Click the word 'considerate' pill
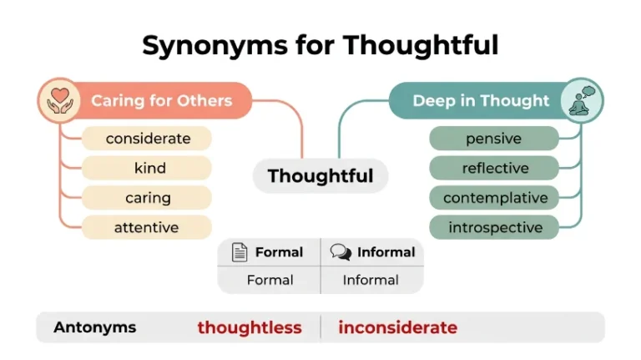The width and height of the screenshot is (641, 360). [147, 139]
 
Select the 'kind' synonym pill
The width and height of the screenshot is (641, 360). [147, 168]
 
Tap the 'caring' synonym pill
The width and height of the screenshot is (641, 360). [147, 198]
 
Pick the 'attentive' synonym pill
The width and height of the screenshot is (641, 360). [147, 227]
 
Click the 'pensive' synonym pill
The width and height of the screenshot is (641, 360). [494, 139]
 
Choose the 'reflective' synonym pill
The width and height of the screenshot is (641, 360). [494, 168]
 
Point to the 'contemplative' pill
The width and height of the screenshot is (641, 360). [494, 198]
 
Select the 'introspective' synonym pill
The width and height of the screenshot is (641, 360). [494, 227]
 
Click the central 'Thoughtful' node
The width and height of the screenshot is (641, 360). [320, 176]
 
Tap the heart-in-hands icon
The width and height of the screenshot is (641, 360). [60, 100]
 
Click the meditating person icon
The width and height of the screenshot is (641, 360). [582, 100]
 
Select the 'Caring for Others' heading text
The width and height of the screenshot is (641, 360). [161, 100]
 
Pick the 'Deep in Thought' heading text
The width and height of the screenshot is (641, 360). [481, 100]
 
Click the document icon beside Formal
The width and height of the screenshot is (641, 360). [240, 252]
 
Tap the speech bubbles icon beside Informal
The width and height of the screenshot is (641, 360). [341, 252]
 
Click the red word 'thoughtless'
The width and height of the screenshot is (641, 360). [250, 327]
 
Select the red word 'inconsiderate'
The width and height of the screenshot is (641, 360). [398, 327]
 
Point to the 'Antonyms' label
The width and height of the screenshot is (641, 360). [95, 327]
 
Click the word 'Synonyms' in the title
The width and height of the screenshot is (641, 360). [215, 45]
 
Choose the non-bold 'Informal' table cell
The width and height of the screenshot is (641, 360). [371, 280]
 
